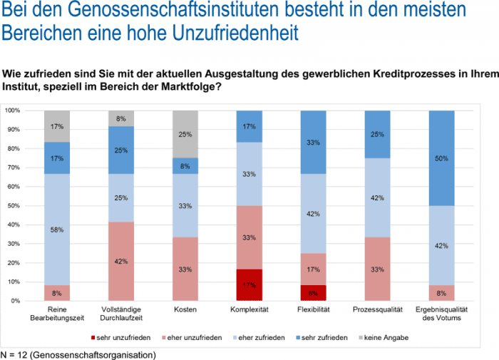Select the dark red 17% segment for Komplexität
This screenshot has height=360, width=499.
coord(249,285)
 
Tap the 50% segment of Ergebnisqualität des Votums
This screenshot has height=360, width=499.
coord(441,158)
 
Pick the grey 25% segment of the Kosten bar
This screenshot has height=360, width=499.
coord(185,134)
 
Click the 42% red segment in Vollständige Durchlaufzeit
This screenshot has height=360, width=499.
coord(121,261)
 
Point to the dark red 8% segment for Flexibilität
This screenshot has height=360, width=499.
coord(313,292)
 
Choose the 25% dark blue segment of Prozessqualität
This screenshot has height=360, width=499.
coord(376,134)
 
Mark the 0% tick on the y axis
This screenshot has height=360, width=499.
coord(15,301)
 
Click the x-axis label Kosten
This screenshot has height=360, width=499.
coord(185,310)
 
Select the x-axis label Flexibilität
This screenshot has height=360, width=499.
coord(313,310)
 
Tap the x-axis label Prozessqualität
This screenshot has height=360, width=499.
coord(376,310)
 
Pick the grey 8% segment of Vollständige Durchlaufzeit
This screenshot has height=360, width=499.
coord(121,118)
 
